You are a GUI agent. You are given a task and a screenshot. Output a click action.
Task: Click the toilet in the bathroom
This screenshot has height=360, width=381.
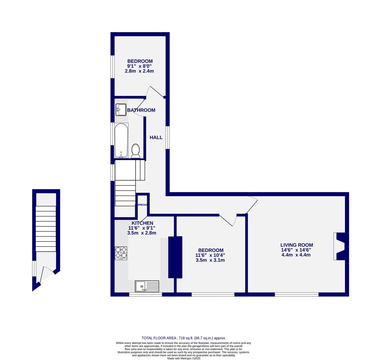click(136, 151)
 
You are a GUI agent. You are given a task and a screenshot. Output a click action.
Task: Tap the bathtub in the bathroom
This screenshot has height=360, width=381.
click(121, 140)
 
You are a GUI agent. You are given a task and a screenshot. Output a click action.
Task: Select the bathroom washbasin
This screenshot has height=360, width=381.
click(121, 110)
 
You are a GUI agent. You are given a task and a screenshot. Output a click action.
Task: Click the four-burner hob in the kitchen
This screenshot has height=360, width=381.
click(121, 253)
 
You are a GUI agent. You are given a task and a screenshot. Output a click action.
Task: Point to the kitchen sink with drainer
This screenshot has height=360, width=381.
click(147, 286)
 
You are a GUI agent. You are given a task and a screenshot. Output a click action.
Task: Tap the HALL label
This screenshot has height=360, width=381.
click(156, 137)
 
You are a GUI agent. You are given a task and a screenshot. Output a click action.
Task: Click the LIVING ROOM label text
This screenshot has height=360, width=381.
click(296, 245)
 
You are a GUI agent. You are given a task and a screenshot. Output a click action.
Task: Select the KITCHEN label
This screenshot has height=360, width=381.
click(142, 223)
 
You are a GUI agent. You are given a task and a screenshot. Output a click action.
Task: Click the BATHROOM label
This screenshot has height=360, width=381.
click(141, 110)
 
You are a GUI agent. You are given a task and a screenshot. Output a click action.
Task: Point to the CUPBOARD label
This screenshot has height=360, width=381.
click(142, 205)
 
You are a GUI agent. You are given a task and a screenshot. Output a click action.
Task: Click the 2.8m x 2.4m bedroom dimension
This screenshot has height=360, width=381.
click(139, 71)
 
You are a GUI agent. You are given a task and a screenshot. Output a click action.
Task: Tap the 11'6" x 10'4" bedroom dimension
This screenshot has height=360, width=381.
click(210, 255)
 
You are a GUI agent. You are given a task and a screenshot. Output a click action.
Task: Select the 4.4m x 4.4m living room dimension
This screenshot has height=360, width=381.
click(296, 255)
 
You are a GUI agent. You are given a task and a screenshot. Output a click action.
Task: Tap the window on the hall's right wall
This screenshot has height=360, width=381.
click(168, 137)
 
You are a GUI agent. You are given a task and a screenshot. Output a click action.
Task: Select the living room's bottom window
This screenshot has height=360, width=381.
click(296, 294)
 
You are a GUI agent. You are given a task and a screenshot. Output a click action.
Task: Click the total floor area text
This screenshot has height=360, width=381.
click(184, 338)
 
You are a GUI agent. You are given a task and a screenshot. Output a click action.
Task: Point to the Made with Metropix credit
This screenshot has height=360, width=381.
click(184, 358)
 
